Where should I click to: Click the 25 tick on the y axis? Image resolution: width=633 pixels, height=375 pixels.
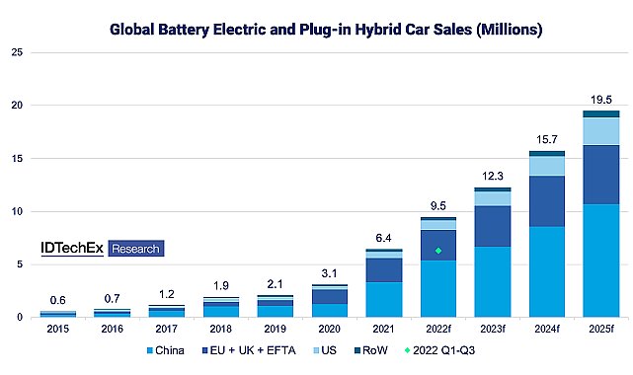click(17, 51)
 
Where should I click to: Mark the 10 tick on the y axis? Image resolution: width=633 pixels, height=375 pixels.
click(17, 211)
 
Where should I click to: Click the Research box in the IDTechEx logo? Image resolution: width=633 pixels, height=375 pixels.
click(134, 249)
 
